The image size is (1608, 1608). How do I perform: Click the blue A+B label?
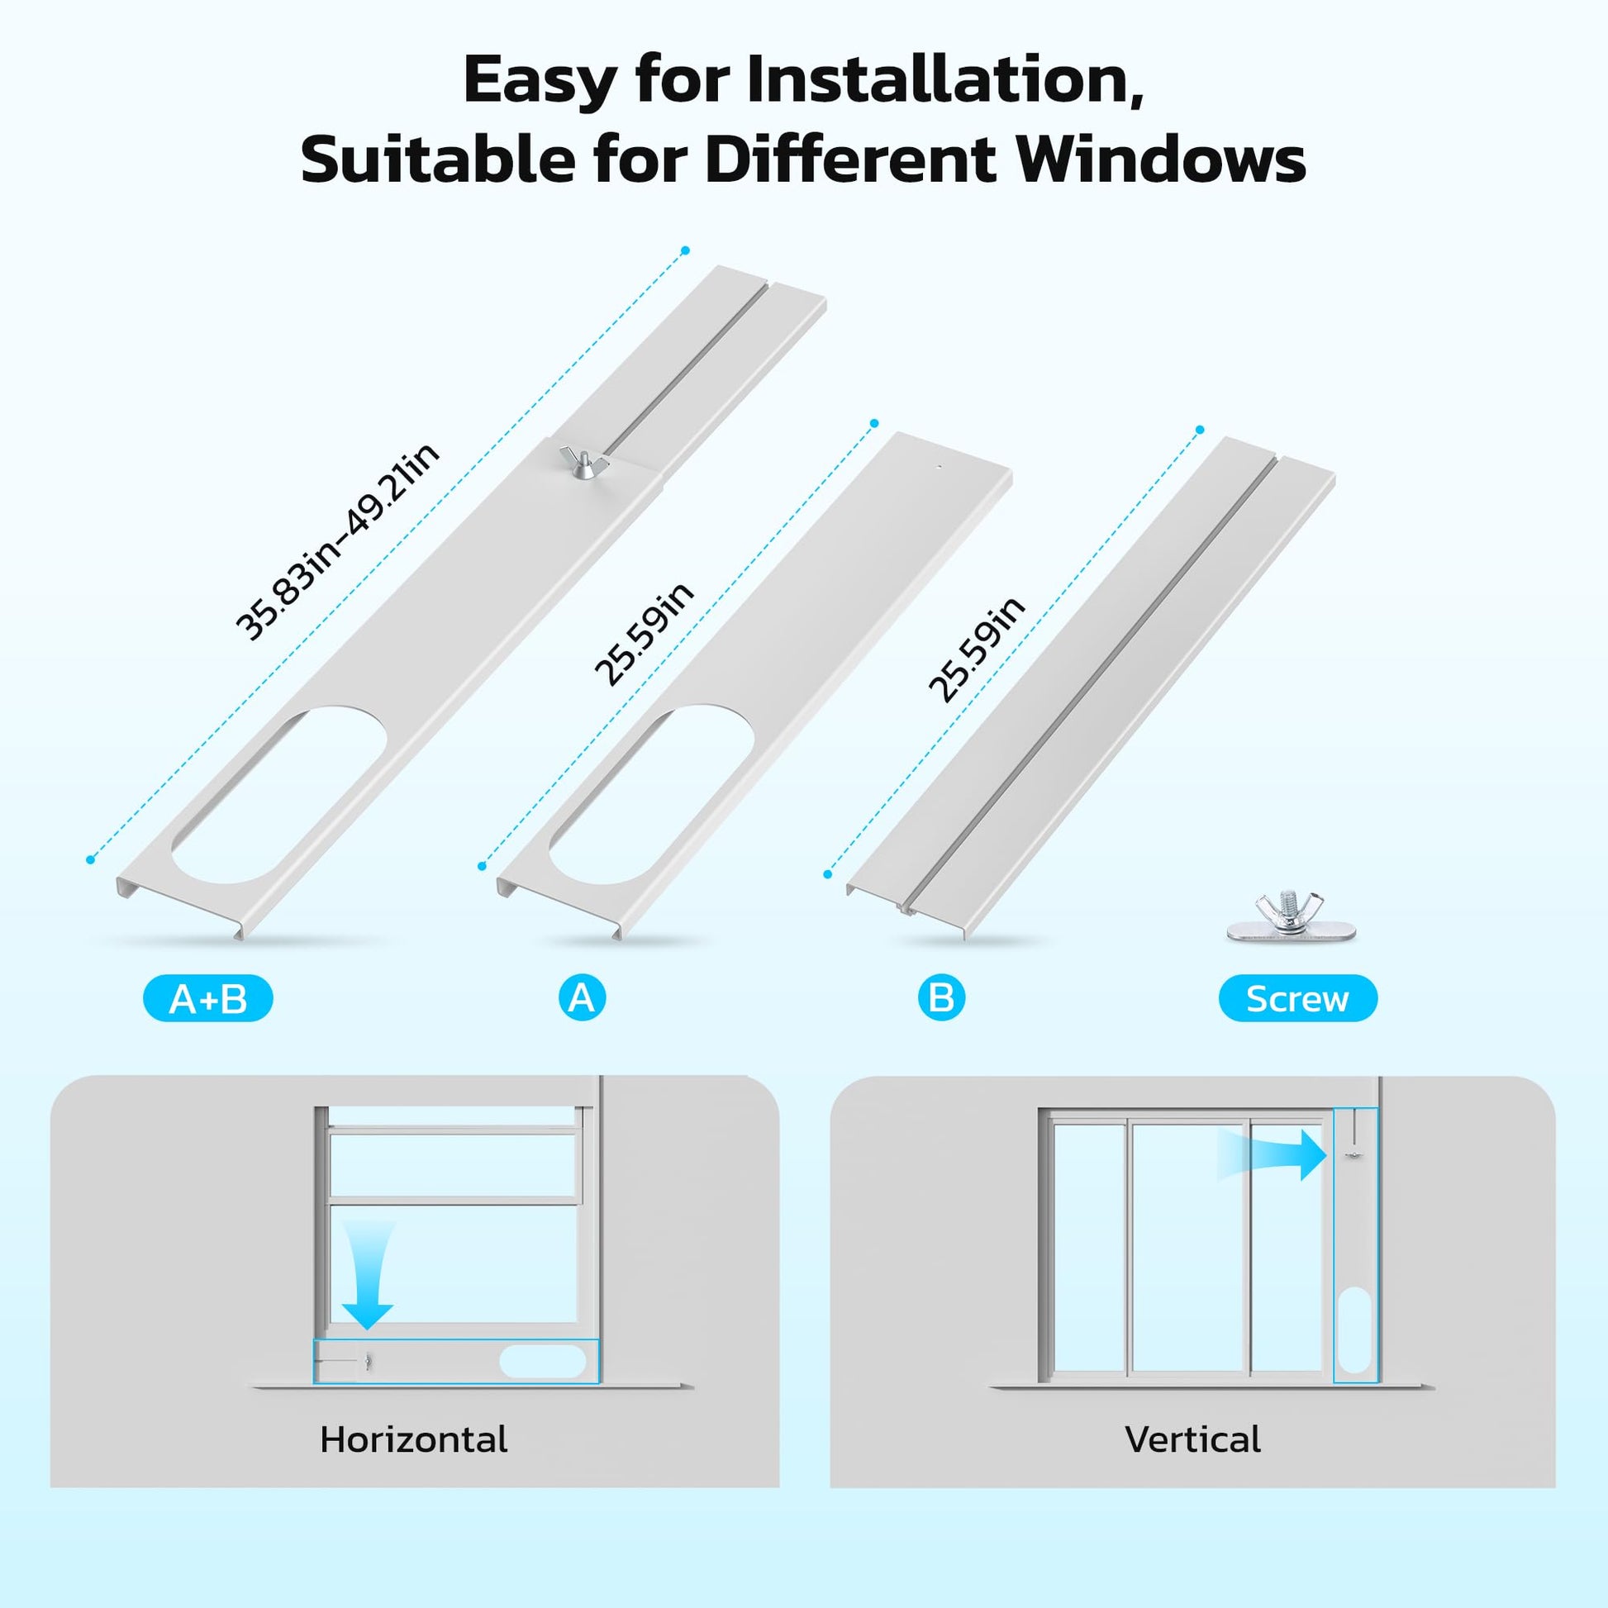[x=208, y=998]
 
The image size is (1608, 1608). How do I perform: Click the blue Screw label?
[x=1297, y=998]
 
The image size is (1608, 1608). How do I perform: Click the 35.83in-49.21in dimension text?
[x=337, y=543]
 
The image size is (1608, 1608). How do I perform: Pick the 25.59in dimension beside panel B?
[x=977, y=649]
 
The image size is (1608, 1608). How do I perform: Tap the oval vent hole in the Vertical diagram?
[x=1356, y=1342]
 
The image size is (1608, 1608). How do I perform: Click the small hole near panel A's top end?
[x=938, y=468]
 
